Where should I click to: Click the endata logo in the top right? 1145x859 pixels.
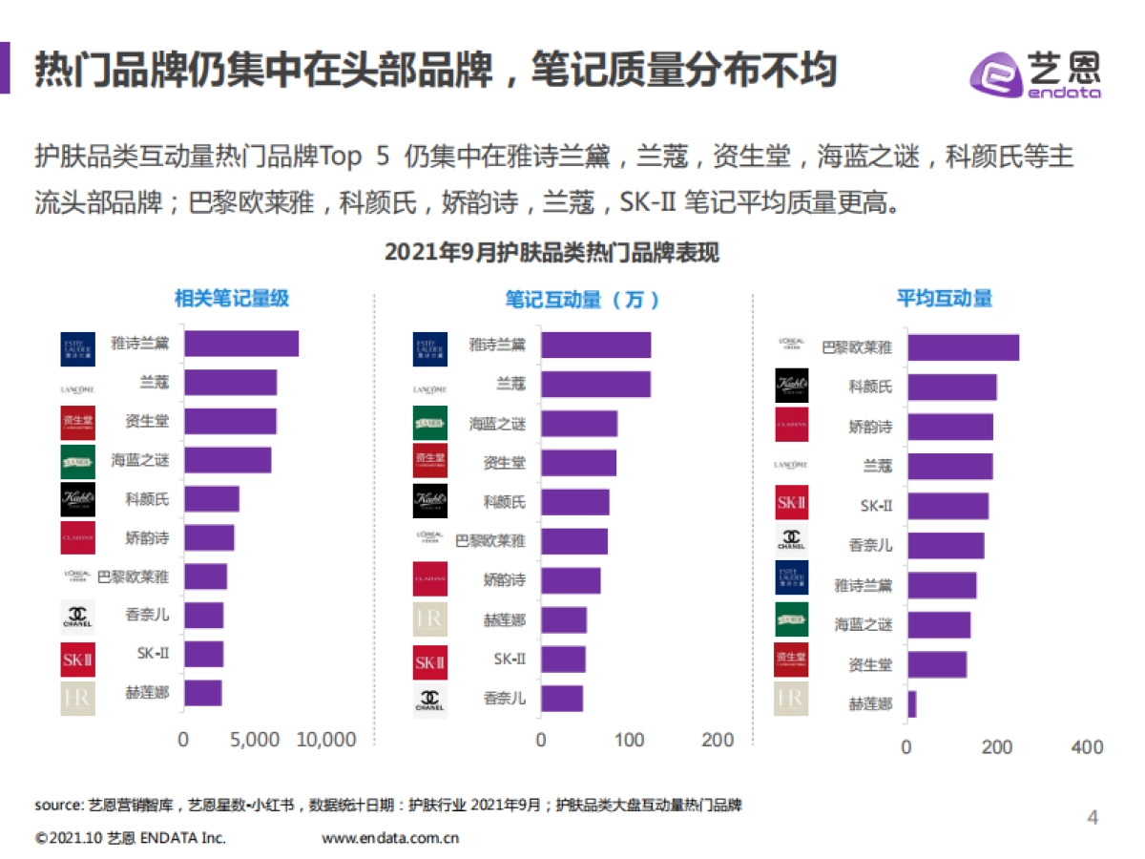click(1035, 73)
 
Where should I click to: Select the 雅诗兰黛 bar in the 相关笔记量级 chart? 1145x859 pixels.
click(241, 344)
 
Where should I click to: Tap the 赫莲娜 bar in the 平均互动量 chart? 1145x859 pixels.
click(911, 704)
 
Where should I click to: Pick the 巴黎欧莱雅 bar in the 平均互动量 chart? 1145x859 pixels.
click(963, 347)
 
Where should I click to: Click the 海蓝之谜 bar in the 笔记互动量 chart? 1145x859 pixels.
click(579, 424)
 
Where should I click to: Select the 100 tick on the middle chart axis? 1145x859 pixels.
click(630, 740)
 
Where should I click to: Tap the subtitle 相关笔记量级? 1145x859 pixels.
click(232, 299)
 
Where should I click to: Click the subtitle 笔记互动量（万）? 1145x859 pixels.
click(583, 300)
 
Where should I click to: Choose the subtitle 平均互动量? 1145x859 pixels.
click(944, 299)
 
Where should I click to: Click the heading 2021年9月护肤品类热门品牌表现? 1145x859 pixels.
click(552, 253)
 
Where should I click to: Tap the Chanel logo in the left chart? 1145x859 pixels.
click(77, 617)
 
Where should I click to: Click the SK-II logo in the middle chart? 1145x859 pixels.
click(429, 660)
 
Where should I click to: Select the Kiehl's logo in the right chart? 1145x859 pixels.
click(791, 386)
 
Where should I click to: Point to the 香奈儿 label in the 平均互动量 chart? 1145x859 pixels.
click(870, 546)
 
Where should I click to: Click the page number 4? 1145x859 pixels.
click(1093, 817)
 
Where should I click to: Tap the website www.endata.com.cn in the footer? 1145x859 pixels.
click(391, 838)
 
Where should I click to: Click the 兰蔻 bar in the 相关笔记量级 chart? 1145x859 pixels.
click(230, 383)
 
